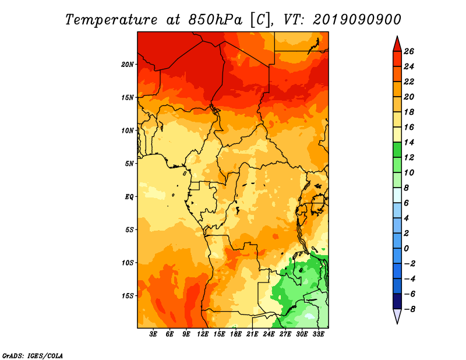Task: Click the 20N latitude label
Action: pyautogui.click(x=127, y=65)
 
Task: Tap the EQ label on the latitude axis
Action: pyautogui.click(x=129, y=197)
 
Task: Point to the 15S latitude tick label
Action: pyautogui.click(x=127, y=296)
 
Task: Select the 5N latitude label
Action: pyautogui.click(x=129, y=164)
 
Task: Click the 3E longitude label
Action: pyautogui.click(x=153, y=334)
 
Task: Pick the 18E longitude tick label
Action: pyautogui.click(x=236, y=334)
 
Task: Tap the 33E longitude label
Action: pyautogui.click(x=318, y=334)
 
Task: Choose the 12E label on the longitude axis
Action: pyautogui.click(x=203, y=334)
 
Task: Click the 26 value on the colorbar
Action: pyautogui.click(x=409, y=51)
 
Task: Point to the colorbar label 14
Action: pyautogui.click(x=409, y=142)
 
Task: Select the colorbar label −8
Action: pyautogui.click(x=408, y=309)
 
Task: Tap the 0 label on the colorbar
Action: pyautogui.click(x=406, y=249)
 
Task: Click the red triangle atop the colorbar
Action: pyautogui.click(x=397, y=44)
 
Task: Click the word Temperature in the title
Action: pyautogui.click(x=111, y=20)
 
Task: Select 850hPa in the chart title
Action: pyautogui.click(x=215, y=20)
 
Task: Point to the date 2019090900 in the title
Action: pyautogui.click(x=356, y=20)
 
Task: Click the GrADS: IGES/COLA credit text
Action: pyautogui.click(x=33, y=355)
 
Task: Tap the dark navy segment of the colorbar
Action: pyautogui.click(x=397, y=301)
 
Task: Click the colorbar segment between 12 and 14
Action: pyautogui.click(x=397, y=150)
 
